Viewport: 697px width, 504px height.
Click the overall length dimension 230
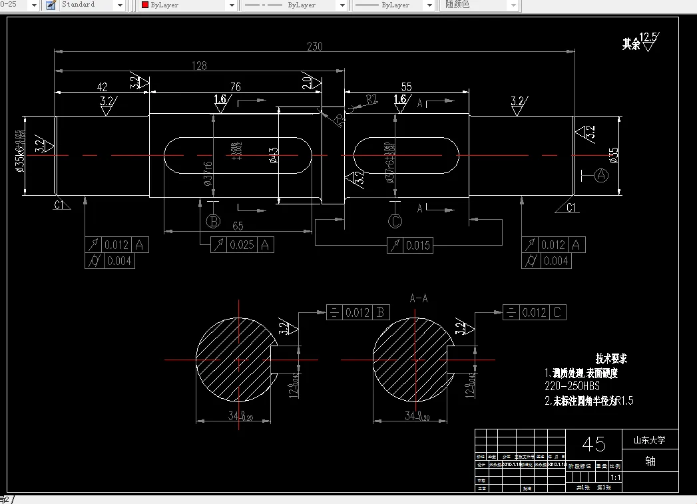pos(314,47)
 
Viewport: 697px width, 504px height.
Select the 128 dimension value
pos(198,66)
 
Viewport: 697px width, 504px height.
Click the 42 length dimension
pos(102,87)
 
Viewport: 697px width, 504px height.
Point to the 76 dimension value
pos(235,87)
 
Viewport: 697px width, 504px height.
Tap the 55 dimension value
pos(407,87)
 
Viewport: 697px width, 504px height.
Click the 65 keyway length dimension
pos(238,226)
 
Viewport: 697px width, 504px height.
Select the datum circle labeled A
pos(601,175)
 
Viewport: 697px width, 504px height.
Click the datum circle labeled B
pos(213,221)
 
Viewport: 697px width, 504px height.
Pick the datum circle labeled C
pos(395,221)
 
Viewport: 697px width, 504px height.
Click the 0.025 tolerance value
pos(242,245)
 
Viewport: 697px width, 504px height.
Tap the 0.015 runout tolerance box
pos(410,246)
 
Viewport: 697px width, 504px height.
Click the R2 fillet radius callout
pos(371,99)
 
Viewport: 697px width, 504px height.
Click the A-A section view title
pos(419,298)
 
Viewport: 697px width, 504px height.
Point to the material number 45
pos(594,443)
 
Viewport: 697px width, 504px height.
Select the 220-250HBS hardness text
pos(573,386)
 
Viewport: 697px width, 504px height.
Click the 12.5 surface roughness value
pos(648,37)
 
